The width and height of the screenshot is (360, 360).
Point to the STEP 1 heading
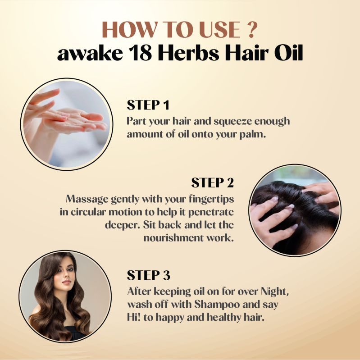pos(148,105)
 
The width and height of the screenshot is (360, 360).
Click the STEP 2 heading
pos(212,182)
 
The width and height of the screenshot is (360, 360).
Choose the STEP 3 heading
pos(149,275)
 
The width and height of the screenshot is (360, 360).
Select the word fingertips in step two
pos(211,199)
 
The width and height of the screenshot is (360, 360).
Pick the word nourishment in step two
pos(173,237)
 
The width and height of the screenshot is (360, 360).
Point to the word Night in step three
pos(274,292)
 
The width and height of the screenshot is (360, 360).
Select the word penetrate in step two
pos(211,212)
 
